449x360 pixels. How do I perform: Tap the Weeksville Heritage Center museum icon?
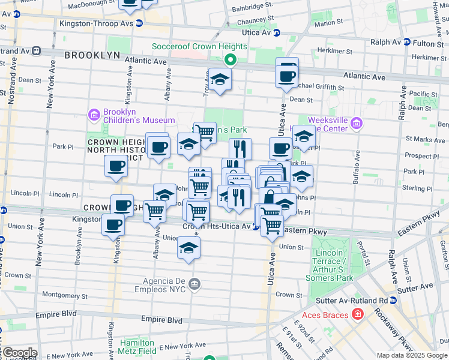point(357,124)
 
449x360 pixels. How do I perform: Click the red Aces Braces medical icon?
point(358,314)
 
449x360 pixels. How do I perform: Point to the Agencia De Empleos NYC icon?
point(194,283)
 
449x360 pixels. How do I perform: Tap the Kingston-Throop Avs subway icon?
point(139,23)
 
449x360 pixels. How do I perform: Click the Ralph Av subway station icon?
point(406,42)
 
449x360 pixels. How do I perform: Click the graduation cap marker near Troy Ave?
point(220,79)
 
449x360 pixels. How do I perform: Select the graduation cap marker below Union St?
point(188,248)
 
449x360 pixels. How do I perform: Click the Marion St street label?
point(328,23)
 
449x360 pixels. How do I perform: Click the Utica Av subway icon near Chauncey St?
point(276,32)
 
